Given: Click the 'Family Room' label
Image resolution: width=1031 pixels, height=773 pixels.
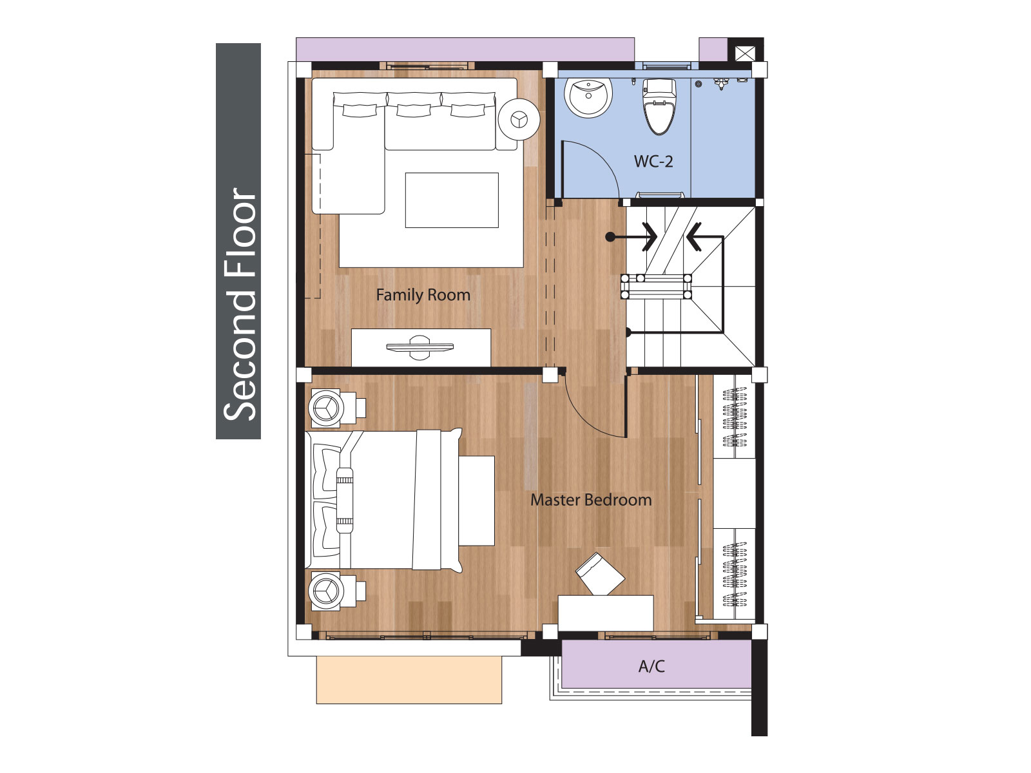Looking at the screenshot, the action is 423,295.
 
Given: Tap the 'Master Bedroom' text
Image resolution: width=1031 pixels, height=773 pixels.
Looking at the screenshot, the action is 591,500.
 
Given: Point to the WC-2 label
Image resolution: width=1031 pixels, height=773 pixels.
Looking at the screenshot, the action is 653,162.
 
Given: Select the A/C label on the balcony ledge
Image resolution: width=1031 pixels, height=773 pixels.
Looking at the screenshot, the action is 651,666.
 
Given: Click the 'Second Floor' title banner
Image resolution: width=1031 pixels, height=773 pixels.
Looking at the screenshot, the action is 238,241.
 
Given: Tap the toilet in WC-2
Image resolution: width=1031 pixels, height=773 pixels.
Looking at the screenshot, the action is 659,106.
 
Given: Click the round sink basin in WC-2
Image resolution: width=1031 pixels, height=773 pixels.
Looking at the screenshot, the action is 588,97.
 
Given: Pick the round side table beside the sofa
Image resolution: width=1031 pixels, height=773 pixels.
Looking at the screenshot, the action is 519,119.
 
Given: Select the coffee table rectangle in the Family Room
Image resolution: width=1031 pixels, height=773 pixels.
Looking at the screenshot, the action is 452,200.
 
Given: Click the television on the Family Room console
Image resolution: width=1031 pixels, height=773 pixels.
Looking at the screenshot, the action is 419,347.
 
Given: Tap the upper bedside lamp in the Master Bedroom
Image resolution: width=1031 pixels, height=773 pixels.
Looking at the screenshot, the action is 325,408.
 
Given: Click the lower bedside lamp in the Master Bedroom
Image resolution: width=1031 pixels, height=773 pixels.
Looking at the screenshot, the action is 325,591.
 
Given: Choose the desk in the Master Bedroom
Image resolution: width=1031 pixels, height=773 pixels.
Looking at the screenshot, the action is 606,613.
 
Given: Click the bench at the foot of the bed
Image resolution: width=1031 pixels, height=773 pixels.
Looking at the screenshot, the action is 476,501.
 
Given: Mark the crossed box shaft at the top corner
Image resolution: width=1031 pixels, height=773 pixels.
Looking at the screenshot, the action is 744,53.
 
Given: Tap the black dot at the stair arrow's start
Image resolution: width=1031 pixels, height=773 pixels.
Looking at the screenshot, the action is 610,237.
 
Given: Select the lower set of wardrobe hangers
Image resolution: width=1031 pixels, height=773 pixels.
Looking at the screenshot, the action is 734,573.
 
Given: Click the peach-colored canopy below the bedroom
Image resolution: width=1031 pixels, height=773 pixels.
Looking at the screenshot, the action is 409,680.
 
